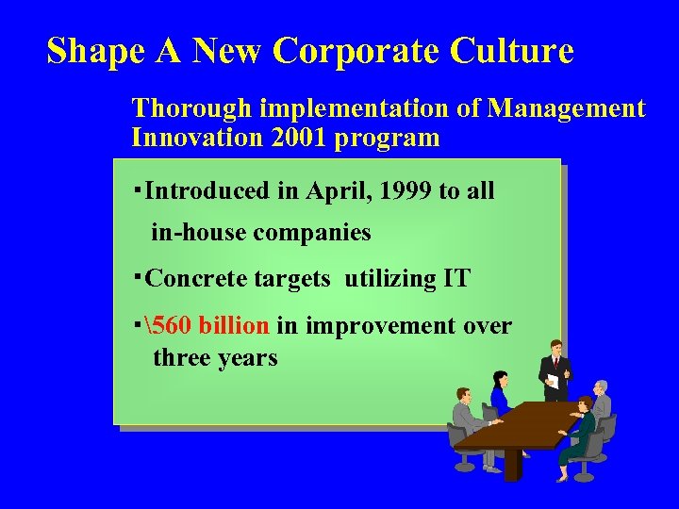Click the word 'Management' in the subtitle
coord(565,109)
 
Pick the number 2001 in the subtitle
coord(296,138)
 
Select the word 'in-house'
coord(197,232)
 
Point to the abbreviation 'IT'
coord(455,278)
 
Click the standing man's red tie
coord(556,363)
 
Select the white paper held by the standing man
coord(553,381)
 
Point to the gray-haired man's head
coord(601,387)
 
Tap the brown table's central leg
coord(512,461)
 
